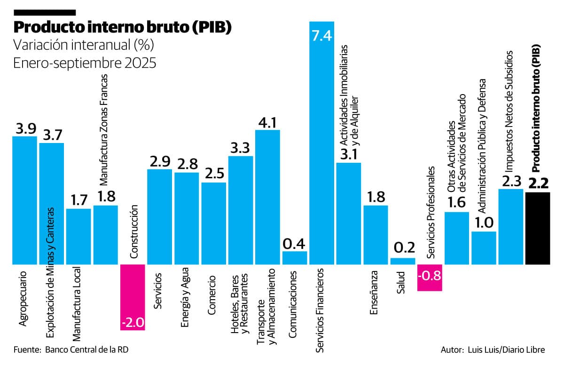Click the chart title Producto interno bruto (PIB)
(123, 28)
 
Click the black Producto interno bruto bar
(538, 228)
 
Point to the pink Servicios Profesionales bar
(430, 278)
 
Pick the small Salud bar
(403, 261)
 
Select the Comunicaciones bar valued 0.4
(295, 257)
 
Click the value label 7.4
(322, 36)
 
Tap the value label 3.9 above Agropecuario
(24, 128)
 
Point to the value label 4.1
(267, 122)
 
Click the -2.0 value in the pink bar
(133, 323)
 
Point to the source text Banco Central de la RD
(87, 350)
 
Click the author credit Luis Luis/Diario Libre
(505, 350)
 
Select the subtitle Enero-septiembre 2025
(84, 63)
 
